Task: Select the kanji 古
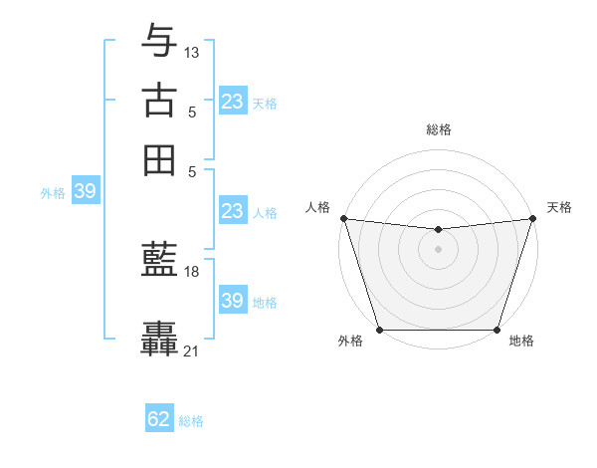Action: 160,100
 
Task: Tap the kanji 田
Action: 160,159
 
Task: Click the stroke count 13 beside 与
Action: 192,52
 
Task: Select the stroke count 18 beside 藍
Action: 192,271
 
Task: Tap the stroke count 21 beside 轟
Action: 192,351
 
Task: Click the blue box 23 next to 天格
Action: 232,102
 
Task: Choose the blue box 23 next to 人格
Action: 232,211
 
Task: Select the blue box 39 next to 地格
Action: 232,301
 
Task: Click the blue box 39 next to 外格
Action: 85,191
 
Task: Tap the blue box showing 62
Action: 159,419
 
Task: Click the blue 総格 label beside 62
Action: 191,421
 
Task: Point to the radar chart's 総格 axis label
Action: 438,129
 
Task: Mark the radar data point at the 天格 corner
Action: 532,218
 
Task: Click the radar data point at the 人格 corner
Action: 343,218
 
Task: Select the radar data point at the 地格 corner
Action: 497,330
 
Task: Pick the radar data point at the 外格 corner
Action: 379,330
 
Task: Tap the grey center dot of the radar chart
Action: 438,249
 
